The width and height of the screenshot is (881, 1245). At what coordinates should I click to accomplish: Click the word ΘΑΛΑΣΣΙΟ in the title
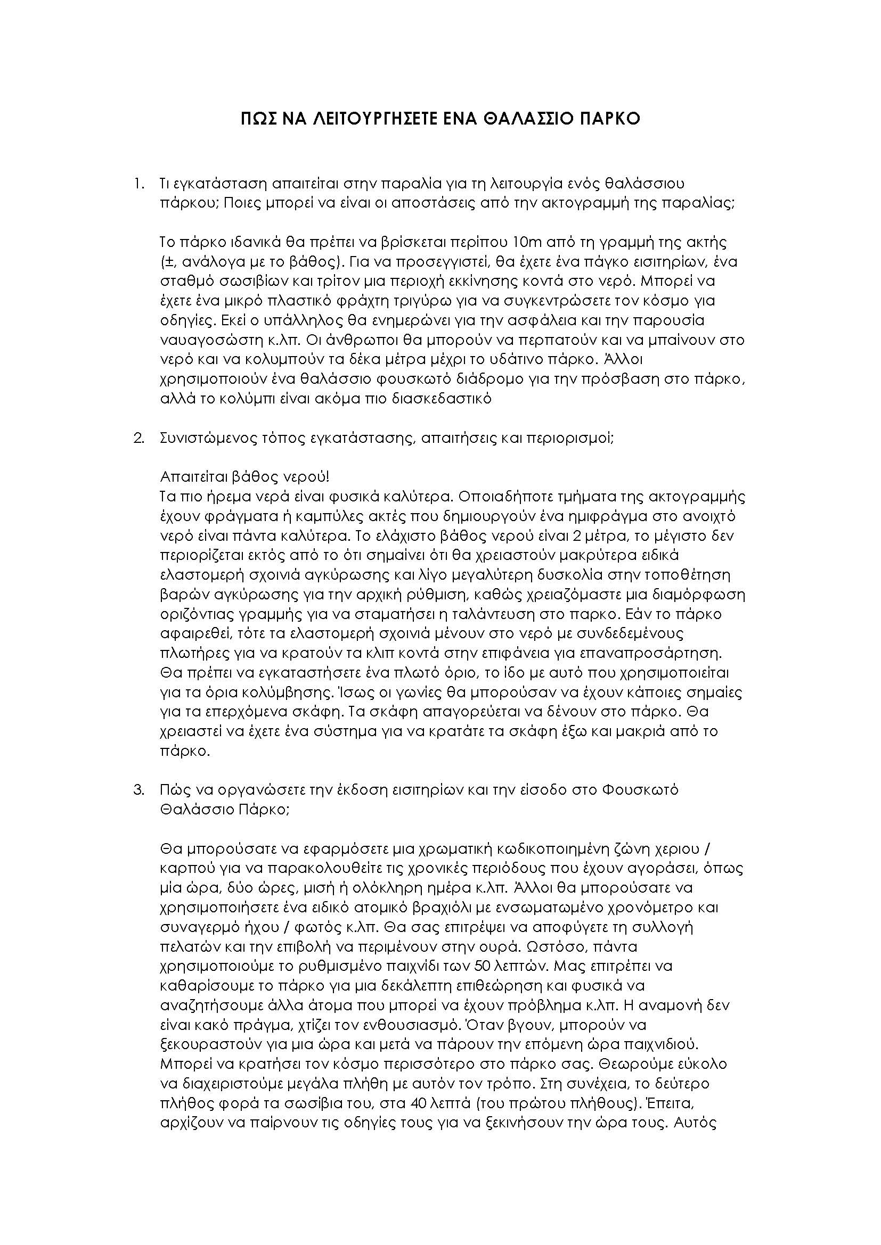point(529,119)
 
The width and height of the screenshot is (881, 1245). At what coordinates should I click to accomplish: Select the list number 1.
point(138,184)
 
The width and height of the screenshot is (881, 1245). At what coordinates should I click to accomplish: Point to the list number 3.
point(138,789)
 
